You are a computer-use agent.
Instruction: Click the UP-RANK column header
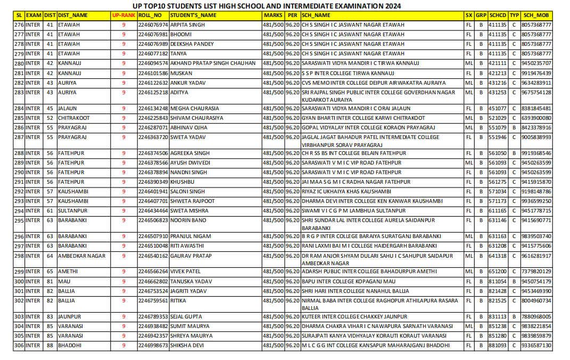[x=123, y=15]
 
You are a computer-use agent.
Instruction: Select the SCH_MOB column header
[x=536, y=15]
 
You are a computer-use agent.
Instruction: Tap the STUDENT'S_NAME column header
[x=193, y=15]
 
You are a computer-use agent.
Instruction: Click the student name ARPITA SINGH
[x=187, y=25]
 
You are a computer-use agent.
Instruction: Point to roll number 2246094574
[x=153, y=63]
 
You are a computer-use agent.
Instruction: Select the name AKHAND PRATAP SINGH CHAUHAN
[x=213, y=63]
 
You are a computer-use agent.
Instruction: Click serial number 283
[x=19, y=93]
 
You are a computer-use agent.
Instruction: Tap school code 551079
[x=497, y=128]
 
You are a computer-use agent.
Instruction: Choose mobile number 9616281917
[x=536, y=256]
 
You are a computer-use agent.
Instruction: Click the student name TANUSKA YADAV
[x=191, y=282]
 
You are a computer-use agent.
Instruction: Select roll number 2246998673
[x=153, y=346]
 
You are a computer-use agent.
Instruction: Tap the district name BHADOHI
[x=70, y=346]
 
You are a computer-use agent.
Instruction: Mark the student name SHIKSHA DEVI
[x=187, y=346]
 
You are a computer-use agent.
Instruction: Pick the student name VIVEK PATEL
[x=185, y=272]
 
